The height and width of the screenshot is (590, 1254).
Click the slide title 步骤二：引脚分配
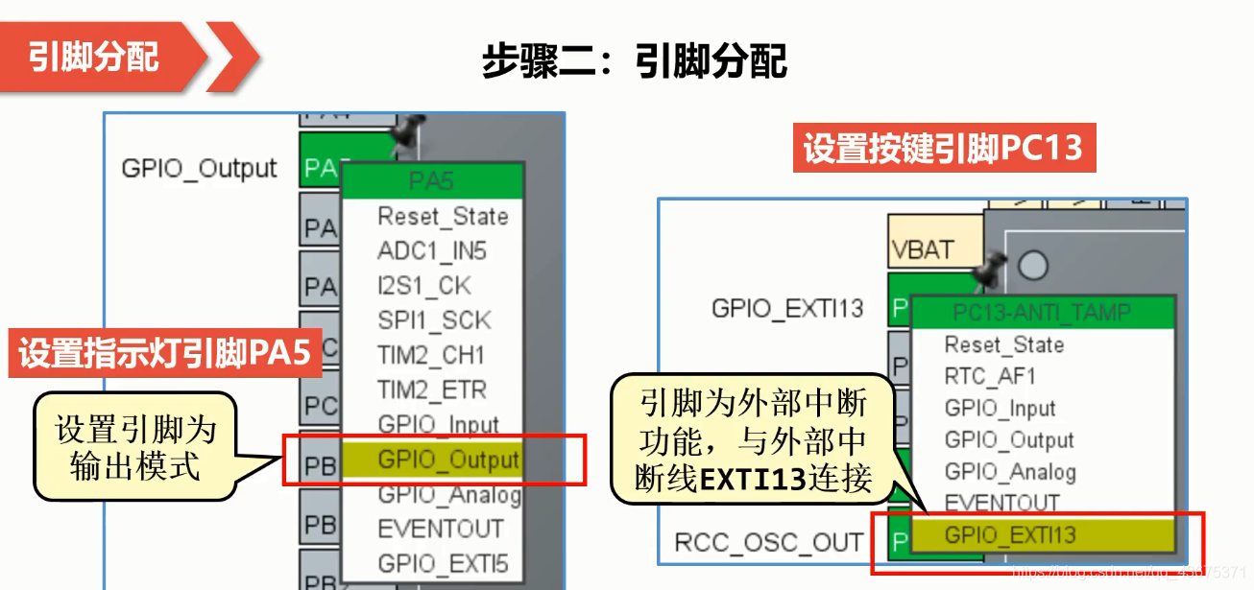click(x=634, y=61)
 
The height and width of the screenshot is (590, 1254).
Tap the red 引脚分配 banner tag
click(x=94, y=57)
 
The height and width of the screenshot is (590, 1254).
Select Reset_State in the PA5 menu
click(x=442, y=217)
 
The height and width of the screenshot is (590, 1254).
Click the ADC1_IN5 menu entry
click(x=432, y=251)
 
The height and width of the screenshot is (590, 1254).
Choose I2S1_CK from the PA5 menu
click(x=424, y=286)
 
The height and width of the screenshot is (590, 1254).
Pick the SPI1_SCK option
click(x=433, y=320)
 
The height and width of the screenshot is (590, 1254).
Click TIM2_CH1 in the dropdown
click(x=431, y=356)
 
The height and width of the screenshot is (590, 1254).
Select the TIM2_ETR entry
click(x=431, y=390)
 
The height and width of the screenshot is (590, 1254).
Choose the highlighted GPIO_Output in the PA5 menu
click(x=447, y=460)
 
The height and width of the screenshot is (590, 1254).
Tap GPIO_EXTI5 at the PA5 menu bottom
click(x=442, y=563)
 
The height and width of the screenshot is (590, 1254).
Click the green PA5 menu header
click(x=431, y=179)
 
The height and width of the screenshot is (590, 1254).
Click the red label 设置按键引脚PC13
click(x=943, y=149)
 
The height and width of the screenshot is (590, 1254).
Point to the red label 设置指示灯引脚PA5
click(x=165, y=353)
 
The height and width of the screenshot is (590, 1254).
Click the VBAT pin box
click(x=924, y=251)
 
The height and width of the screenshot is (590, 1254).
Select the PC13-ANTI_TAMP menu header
click(x=1041, y=312)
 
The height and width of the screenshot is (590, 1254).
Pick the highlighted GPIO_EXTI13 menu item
click(x=1009, y=535)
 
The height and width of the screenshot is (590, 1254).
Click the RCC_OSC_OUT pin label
click(x=768, y=543)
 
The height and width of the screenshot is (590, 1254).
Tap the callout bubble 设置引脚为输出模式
click(x=134, y=447)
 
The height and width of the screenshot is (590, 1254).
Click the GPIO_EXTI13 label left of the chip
click(x=786, y=308)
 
